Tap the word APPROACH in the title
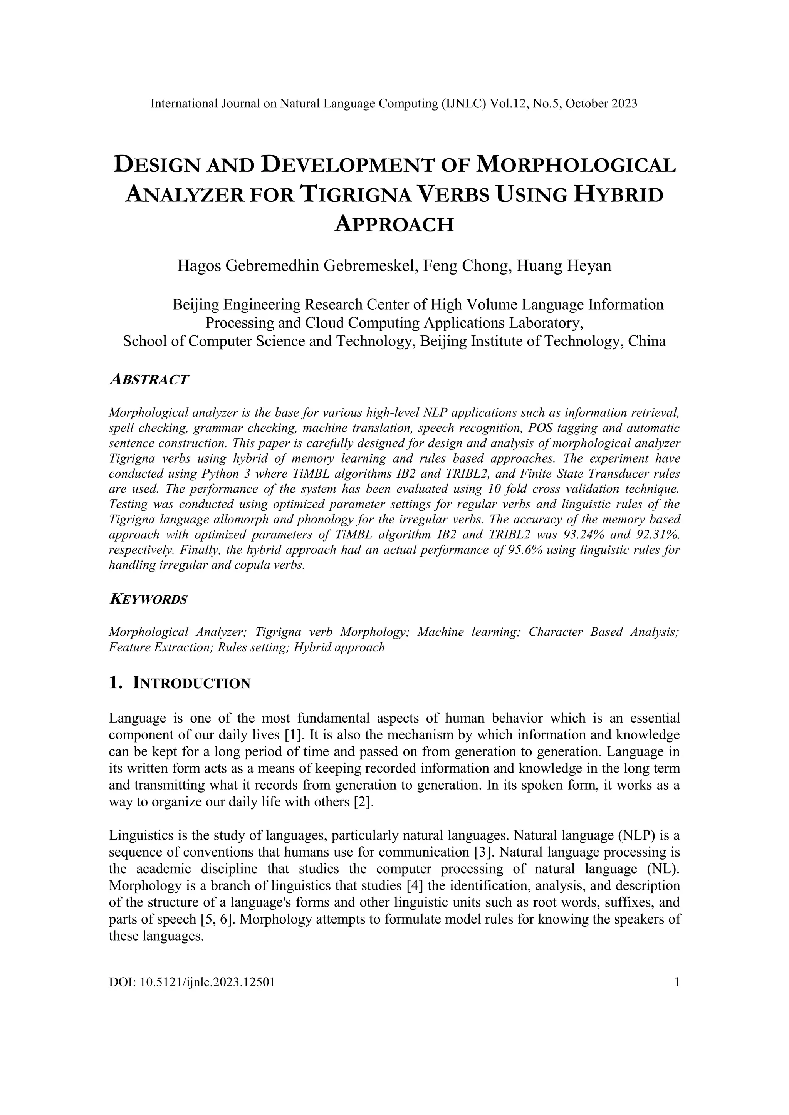point(394,225)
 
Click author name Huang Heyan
point(564,266)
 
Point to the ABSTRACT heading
point(149,379)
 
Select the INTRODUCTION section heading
point(191,683)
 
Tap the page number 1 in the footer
point(677,983)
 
